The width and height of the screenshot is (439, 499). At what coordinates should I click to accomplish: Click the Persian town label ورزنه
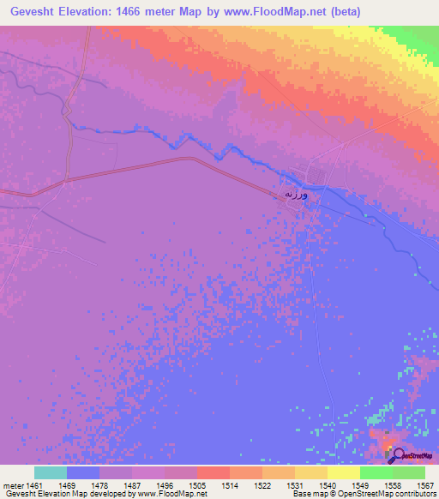[x=296, y=195]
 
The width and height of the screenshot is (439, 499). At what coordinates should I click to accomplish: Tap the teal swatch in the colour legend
[x=50, y=472]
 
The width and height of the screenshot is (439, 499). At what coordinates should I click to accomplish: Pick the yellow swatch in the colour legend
[x=343, y=472]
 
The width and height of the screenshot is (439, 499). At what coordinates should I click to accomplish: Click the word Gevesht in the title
[x=31, y=12]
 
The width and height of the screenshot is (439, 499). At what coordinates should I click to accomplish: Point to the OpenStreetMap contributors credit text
[x=386, y=494]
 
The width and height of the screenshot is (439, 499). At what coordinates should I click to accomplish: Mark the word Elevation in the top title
[x=84, y=12]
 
